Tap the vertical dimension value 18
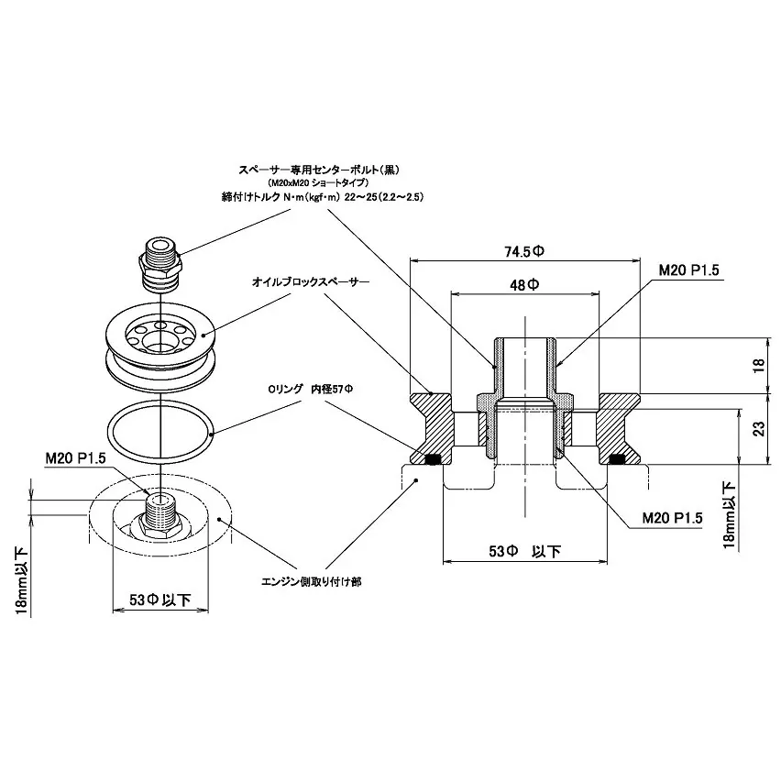point(756,365)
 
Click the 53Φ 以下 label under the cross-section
point(524,551)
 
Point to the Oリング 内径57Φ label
point(310,389)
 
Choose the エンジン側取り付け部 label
point(310,581)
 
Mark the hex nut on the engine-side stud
point(161,523)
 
